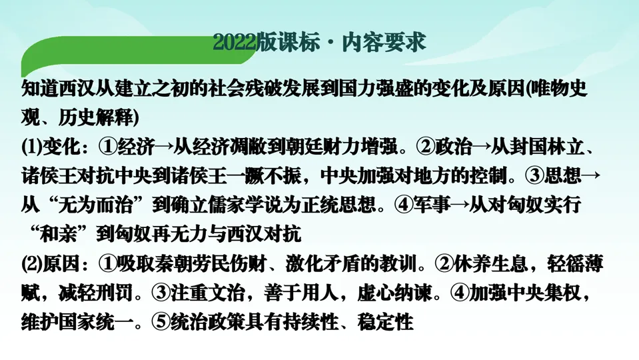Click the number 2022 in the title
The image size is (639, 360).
pos(234,43)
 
